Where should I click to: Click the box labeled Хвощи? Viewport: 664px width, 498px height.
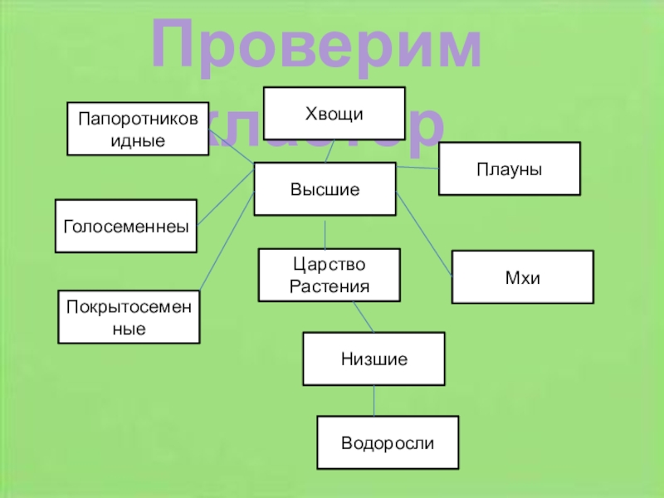[x=334, y=113]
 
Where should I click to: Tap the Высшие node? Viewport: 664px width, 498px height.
[x=325, y=189]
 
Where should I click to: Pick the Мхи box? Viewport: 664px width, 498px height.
[x=522, y=276]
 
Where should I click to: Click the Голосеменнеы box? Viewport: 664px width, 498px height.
[x=126, y=226]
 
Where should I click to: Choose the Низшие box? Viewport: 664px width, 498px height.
[x=373, y=359]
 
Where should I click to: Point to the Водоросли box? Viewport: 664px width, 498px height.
[x=388, y=442]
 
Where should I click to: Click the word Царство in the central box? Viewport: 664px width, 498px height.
[x=329, y=265]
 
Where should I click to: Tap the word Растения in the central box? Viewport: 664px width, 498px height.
[x=329, y=286]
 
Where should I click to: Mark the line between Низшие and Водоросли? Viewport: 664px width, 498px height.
[x=374, y=400]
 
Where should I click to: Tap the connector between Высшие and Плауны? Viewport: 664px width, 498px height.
[x=417, y=168]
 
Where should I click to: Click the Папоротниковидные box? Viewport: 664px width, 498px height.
[x=138, y=129]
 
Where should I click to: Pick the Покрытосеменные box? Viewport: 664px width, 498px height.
[x=129, y=317]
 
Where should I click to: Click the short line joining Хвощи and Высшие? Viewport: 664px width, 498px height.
[x=330, y=151]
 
